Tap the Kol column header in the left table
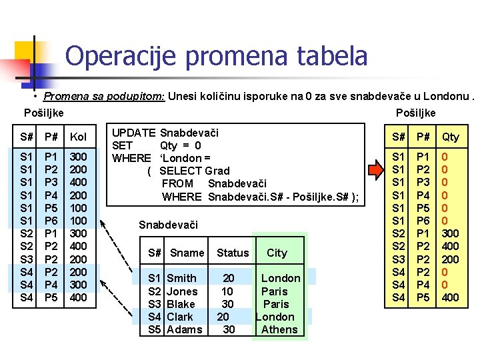tap(79, 137)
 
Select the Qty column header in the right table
tap(451, 137)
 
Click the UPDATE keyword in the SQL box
tap(133, 133)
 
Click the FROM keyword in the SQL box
tap(177, 183)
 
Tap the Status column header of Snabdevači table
tap(233, 253)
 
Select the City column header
tap(277, 253)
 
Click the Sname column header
tap(187, 253)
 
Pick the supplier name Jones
tap(182, 291)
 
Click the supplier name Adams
tap(184, 329)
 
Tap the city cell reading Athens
tap(279, 329)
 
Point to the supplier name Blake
tap(181, 304)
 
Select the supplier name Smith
tap(181, 278)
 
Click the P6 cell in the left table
tap(51, 221)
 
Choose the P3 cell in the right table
tap(423, 183)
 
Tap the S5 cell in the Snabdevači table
tap(155, 329)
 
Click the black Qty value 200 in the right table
tap(451, 259)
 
